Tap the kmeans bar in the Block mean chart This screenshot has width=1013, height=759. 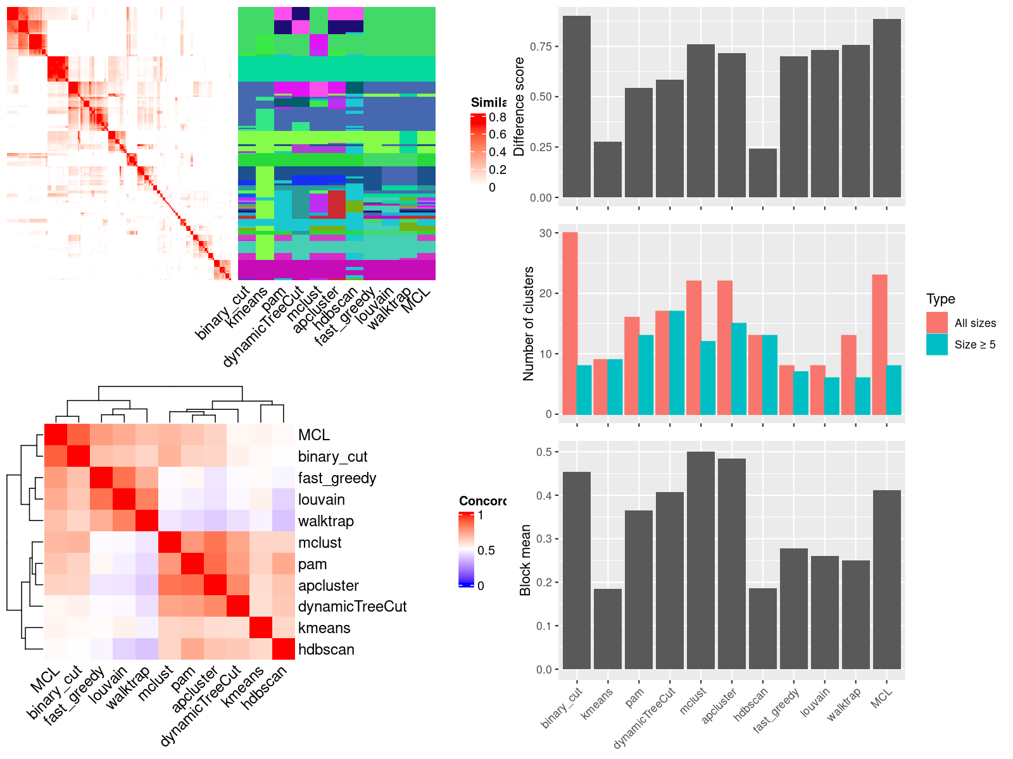point(607,629)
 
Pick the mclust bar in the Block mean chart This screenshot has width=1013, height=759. point(700,560)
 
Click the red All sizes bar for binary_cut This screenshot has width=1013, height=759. point(570,323)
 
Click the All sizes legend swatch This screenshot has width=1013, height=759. point(937,323)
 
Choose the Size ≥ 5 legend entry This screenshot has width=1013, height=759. point(974,345)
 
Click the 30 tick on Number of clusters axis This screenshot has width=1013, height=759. point(545,233)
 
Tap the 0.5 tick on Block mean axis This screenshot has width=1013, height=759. point(544,452)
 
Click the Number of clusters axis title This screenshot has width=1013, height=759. point(528,323)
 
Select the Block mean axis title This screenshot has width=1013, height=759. point(525,560)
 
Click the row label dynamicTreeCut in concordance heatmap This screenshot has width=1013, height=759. point(352,607)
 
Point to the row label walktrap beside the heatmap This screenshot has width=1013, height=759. point(325,521)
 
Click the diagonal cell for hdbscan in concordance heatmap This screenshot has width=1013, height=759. point(284,649)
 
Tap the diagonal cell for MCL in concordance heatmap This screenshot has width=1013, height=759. point(56,435)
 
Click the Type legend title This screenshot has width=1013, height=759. point(940,299)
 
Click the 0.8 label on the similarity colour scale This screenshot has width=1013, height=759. point(497,117)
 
